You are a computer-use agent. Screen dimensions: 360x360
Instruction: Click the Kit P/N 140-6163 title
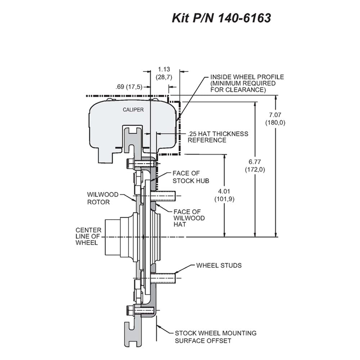(x=221, y=18)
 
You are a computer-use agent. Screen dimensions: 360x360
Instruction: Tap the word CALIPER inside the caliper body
(x=133, y=110)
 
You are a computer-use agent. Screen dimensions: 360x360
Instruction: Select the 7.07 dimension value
(x=275, y=114)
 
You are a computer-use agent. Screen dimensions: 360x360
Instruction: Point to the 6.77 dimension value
(x=255, y=162)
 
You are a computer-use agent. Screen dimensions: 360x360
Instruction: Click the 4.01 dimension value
(x=224, y=191)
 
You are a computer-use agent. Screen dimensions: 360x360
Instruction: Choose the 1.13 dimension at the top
(x=164, y=69)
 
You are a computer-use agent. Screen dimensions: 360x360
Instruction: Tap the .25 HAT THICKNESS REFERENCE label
(x=218, y=137)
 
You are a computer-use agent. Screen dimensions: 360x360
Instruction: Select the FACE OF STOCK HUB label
(x=191, y=177)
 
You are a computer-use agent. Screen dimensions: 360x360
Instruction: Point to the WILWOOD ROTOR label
(x=103, y=198)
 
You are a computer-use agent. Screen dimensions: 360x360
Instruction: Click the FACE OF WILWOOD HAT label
(x=189, y=218)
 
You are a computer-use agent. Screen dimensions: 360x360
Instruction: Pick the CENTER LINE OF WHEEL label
(x=89, y=236)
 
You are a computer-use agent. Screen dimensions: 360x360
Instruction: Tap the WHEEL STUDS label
(x=219, y=265)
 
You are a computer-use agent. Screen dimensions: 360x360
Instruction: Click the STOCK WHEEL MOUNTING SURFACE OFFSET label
(x=216, y=337)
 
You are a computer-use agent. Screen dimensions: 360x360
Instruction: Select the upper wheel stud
(x=163, y=196)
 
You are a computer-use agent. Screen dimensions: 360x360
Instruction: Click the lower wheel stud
(x=163, y=278)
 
